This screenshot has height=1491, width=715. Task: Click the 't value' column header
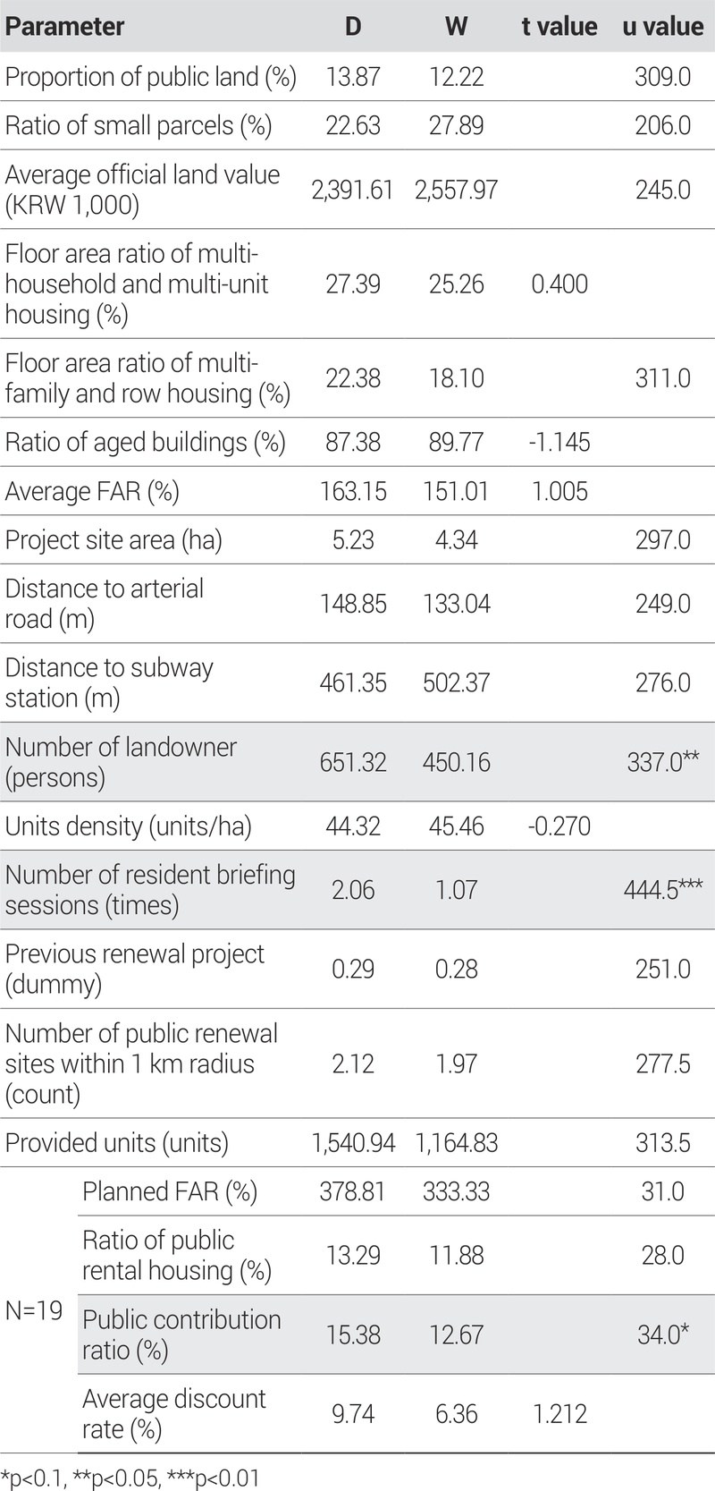(559, 27)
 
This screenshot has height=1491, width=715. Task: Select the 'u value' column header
(662, 27)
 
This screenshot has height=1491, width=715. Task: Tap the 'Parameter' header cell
(64, 27)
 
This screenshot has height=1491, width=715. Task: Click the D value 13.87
(353, 77)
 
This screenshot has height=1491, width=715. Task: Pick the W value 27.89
(456, 125)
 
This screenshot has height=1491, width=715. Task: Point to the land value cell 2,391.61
(352, 190)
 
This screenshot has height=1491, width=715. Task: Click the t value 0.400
(559, 284)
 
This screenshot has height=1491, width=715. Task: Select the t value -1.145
(559, 442)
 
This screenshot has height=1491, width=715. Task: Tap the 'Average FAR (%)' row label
(92, 491)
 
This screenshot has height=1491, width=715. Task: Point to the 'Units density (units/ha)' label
(128, 826)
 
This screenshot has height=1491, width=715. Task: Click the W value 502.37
(456, 683)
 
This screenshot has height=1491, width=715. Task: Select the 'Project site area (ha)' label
(114, 540)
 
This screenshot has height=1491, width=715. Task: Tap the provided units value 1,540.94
(352, 1143)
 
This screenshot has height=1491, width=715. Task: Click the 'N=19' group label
(34, 1311)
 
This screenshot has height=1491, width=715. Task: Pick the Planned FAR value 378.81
(353, 1192)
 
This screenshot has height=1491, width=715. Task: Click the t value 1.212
(559, 1414)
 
